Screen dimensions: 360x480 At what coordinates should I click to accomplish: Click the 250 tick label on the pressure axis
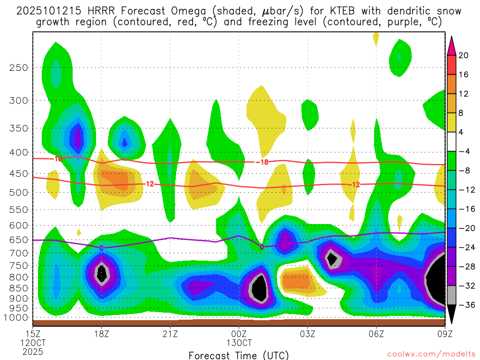pos(19,67)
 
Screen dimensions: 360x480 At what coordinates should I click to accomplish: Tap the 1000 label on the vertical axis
pos(16,317)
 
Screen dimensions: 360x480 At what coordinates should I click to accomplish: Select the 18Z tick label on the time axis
pos(101,334)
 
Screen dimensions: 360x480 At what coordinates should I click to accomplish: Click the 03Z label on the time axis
pos(307,334)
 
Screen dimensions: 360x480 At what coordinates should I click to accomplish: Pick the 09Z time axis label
pos(444,334)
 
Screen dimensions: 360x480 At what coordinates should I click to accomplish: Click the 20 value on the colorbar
pos(463,55)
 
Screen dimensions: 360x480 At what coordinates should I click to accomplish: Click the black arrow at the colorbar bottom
pos(451,314)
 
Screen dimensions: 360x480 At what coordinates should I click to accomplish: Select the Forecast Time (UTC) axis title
pos(239,355)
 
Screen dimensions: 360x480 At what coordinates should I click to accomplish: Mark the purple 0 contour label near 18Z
pos(102,248)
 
